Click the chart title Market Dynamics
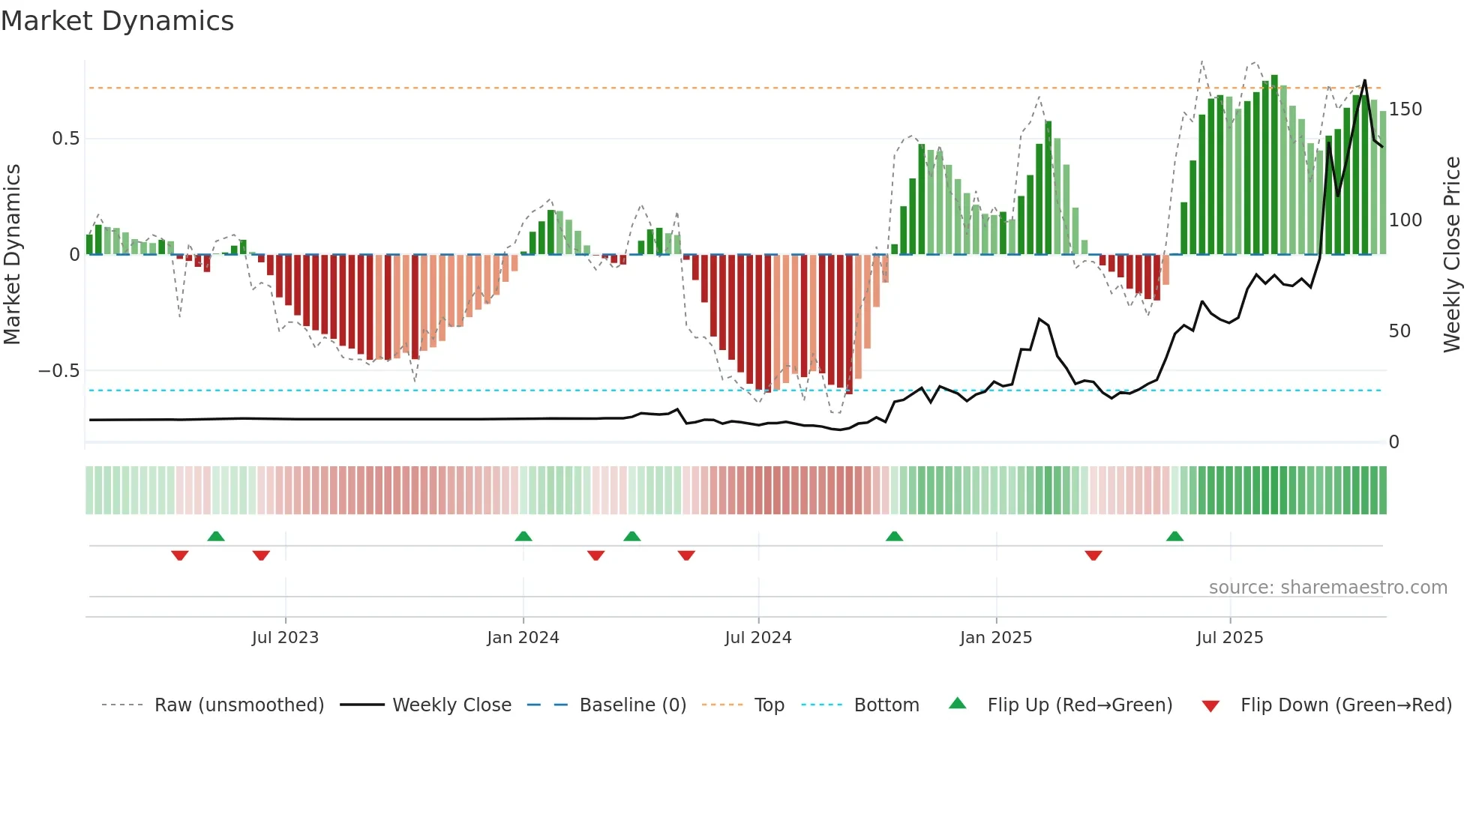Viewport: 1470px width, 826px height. pyautogui.click(x=118, y=21)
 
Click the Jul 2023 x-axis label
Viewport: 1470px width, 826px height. pyautogui.click(x=285, y=638)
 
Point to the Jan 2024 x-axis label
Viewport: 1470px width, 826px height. pyautogui.click(x=523, y=638)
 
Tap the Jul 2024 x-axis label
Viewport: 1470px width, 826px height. pyautogui.click(x=758, y=638)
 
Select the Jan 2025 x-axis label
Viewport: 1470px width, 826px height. pyautogui.click(x=996, y=638)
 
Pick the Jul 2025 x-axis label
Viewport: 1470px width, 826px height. pyautogui.click(x=1230, y=638)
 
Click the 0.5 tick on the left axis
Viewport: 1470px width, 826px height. pyautogui.click(x=65, y=139)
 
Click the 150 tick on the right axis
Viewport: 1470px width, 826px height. pyautogui.click(x=1405, y=109)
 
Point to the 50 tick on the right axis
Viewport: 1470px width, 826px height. pyautogui.click(x=1399, y=331)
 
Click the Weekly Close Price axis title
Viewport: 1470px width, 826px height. pyautogui.click(x=1452, y=255)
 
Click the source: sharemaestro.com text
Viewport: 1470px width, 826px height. pyautogui.click(x=1327, y=588)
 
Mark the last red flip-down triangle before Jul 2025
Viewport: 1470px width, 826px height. pyautogui.click(x=1093, y=555)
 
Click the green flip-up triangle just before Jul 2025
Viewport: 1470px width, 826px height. pyautogui.click(x=1175, y=537)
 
